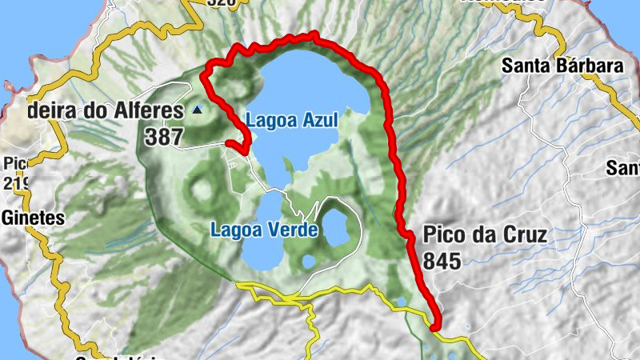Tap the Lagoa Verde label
point(265,230)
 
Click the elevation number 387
point(164,137)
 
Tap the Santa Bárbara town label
point(562,66)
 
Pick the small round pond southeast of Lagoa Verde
point(308,261)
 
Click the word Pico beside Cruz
point(440,235)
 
